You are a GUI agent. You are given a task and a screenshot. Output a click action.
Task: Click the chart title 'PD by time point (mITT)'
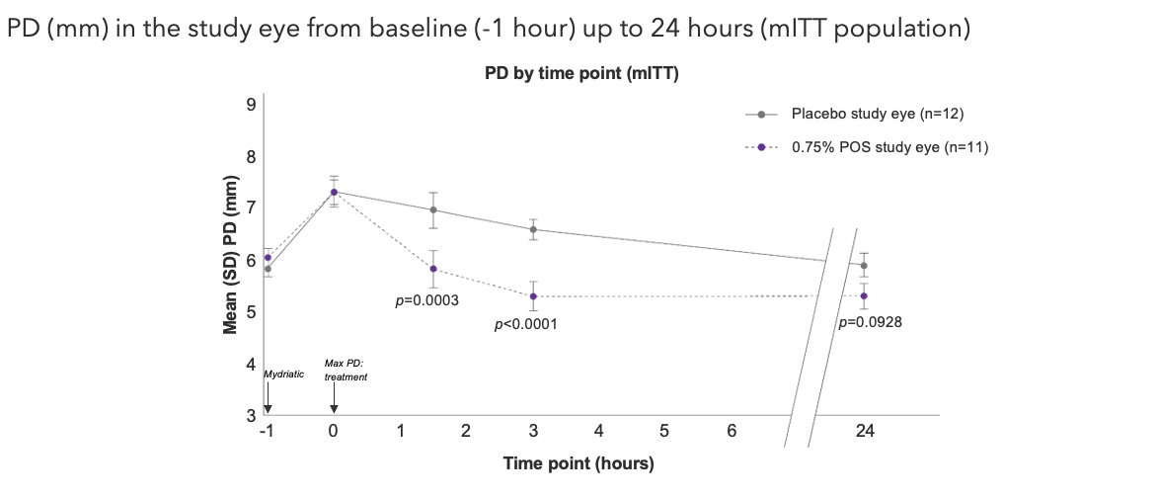point(580,74)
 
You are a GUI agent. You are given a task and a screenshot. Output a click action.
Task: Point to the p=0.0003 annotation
point(426,300)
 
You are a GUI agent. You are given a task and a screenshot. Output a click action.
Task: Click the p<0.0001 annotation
point(526,323)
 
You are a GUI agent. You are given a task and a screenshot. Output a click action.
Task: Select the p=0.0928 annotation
point(871,321)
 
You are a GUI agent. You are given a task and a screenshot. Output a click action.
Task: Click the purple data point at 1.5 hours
point(433,269)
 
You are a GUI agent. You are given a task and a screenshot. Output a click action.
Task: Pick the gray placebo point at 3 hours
point(533,229)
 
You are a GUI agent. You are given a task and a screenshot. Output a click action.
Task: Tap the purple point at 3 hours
point(533,296)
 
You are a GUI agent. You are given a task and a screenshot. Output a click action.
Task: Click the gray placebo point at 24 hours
point(865,265)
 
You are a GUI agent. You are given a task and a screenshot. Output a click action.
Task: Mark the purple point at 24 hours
point(865,296)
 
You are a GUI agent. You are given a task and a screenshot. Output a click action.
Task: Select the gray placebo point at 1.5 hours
point(433,209)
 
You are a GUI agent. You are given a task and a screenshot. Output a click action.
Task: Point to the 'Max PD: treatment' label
point(346,371)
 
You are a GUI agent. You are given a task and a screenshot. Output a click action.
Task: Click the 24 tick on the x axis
point(865,431)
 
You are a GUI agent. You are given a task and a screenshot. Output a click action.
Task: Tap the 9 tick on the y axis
point(251,104)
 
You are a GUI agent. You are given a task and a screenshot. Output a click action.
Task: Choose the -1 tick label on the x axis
point(266,431)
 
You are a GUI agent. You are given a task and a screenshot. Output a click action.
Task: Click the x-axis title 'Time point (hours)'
point(579,462)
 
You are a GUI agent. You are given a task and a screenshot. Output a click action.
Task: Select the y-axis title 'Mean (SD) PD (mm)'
point(230,255)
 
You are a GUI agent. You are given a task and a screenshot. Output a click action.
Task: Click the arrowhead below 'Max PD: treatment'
point(334,409)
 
